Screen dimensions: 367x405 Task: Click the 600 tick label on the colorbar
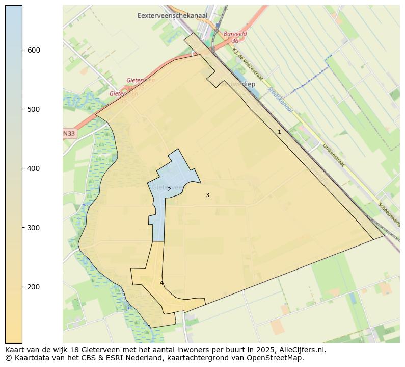(34, 50)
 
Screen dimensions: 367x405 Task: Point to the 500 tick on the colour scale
(34, 109)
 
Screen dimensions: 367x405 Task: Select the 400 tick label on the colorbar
(34, 168)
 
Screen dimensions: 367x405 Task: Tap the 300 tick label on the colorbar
(34, 228)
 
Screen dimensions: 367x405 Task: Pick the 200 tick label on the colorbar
(34, 287)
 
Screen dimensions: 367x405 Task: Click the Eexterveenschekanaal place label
(172, 16)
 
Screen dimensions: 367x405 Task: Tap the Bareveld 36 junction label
(235, 37)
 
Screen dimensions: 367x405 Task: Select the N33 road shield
(69, 134)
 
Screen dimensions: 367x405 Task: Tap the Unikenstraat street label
(333, 155)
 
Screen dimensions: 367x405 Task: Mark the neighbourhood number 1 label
(279, 132)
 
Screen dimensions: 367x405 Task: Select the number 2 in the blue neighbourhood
(169, 189)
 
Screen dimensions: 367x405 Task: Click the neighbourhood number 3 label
(207, 195)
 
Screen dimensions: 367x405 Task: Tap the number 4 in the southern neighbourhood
(161, 283)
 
